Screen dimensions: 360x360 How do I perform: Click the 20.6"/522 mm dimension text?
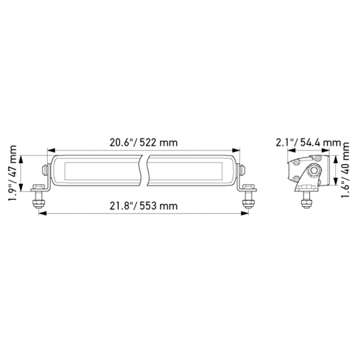144,143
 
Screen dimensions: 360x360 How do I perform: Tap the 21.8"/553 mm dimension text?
144,206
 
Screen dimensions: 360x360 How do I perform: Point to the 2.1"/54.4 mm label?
307,143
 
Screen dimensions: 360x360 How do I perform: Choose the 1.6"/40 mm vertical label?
346,168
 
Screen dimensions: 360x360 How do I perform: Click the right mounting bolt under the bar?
247,199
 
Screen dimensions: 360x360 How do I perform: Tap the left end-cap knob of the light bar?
44,170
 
